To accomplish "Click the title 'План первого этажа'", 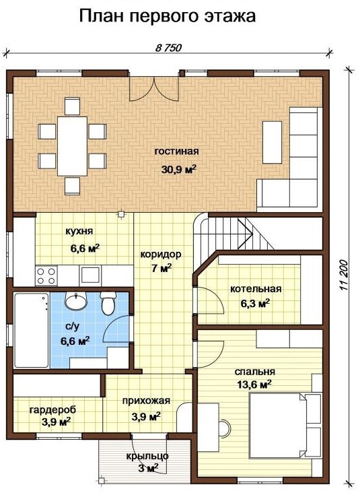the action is click(x=168, y=16).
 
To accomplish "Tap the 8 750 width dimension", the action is click(x=169, y=48).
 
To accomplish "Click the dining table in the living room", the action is click(x=72, y=146).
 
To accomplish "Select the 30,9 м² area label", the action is click(x=179, y=169).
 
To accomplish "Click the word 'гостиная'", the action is click(x=177, y=152).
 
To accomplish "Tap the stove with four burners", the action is click(x=46, y=276).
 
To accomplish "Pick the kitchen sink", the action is click(x=91, y=275).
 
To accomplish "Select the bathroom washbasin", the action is click(x=76, y=300).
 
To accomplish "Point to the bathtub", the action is click(x=32, y=330).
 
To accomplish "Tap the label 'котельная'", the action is click(x=256, y=289).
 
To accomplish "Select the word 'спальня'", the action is click(x=255, y=372).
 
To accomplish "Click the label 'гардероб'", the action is click(x=52, y=409).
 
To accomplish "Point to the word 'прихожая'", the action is click(x=146, y=401).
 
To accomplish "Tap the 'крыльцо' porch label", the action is click(x=147, y=456).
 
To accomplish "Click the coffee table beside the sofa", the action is click(x=273, y=142).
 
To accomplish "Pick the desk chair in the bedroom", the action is click(x=225, y=428).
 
